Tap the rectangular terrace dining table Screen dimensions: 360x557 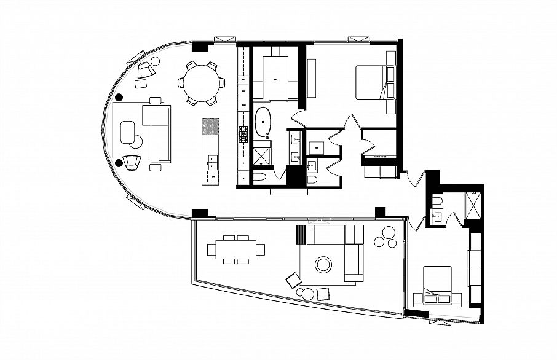pyautogui.click(x=237, y=249)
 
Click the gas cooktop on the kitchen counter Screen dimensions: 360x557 pyautogui.click(x=243, y=133)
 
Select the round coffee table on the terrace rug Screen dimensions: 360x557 pyautogui.click(x=323, y=265)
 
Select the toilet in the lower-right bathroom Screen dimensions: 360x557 pyautogui.click(x=437, y=202)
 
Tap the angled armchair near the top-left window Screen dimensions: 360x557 pyautogui.click(x=146, y=70)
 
